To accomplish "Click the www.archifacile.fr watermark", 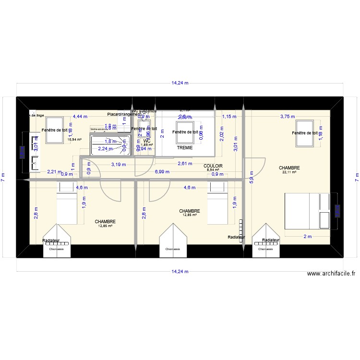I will pos(331,274).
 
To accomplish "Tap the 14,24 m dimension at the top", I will pos(180,83).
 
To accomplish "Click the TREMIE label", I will pos(184,148).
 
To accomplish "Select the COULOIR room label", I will pos(213,165).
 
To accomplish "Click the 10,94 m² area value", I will pos(74,140).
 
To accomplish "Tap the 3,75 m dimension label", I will pos(288,116).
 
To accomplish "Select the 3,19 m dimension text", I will pos(119,165).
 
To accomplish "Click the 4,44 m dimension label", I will pos(80,116).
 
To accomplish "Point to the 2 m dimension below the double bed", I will pos(307,236).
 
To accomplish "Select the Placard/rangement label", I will pos(124,114).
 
